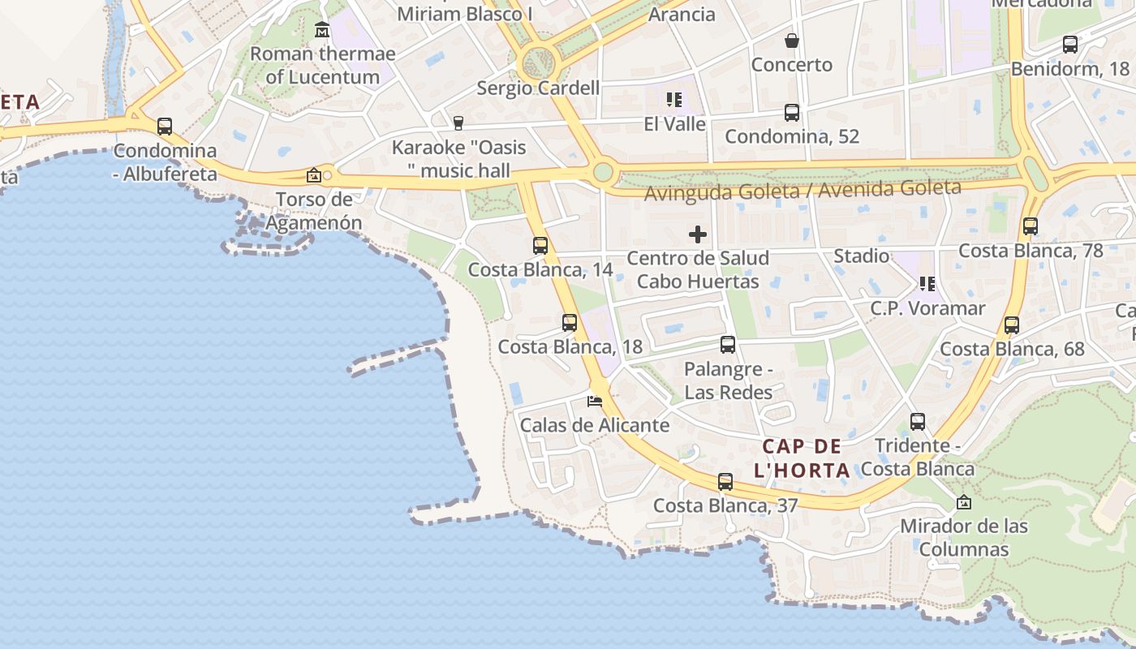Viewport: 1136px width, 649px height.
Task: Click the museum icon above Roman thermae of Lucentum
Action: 322,30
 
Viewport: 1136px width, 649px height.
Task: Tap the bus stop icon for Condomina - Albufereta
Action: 165,127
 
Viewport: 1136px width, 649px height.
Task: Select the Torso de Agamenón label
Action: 314,211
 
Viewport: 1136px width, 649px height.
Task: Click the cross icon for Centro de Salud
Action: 698,235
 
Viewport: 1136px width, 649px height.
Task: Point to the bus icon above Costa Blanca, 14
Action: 540,245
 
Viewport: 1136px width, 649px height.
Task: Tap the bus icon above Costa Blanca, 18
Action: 570,323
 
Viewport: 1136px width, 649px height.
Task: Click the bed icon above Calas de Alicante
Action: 595,401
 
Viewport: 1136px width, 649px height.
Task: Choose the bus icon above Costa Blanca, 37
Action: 725,482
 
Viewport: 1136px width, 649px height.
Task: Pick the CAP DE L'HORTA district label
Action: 802,458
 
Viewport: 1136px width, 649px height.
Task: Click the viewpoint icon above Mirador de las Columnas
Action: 964,502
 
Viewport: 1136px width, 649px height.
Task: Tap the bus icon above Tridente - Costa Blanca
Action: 918,422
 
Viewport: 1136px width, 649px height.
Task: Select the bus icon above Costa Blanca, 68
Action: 1012,325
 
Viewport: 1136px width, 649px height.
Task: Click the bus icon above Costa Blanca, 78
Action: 1031,226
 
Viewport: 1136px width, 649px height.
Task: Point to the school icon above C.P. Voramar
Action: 927,284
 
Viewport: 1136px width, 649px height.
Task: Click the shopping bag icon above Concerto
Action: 792,41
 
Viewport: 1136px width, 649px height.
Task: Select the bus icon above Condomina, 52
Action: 792,113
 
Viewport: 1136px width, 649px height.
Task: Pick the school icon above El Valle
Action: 674,100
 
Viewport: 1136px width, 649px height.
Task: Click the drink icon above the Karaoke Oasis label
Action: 458,122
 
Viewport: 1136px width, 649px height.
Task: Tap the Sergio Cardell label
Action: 538,88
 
